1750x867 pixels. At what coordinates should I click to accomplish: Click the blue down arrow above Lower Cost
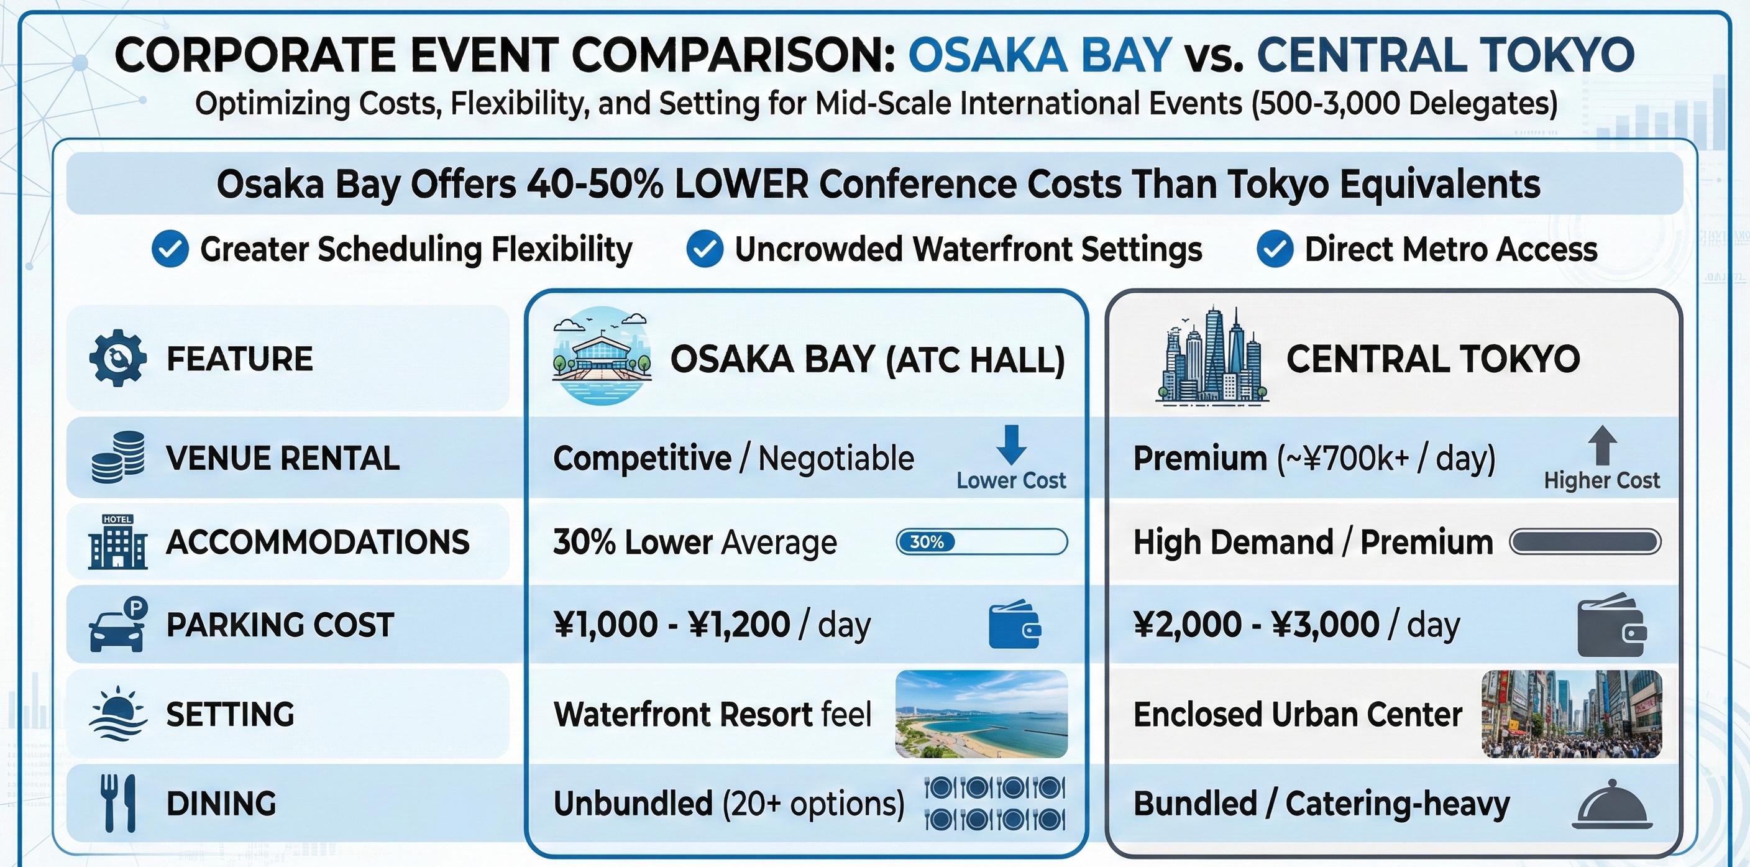(1011, 444)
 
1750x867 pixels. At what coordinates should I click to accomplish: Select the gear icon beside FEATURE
(117, 358)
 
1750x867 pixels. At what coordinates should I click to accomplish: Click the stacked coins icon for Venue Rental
(117, 457)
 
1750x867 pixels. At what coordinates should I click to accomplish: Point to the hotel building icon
(117, 541)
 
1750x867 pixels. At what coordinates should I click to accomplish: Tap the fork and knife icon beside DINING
(117, 803)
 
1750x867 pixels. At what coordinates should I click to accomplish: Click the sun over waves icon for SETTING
(117, 713)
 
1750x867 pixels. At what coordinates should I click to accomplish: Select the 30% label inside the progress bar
(927, 541)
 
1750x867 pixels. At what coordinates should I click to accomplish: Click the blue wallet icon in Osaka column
(1014, 624)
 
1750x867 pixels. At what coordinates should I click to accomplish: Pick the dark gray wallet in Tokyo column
(1611, 625)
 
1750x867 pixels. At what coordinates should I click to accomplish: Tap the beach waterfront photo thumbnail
(981, 713)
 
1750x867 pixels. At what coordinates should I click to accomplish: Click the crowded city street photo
(1571, 713)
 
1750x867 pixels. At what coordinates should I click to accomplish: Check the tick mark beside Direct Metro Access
(1275, 249)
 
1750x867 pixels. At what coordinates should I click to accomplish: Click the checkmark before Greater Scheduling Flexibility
(170, 249)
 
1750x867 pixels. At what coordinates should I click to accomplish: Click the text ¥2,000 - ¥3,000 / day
(1296, 625)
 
